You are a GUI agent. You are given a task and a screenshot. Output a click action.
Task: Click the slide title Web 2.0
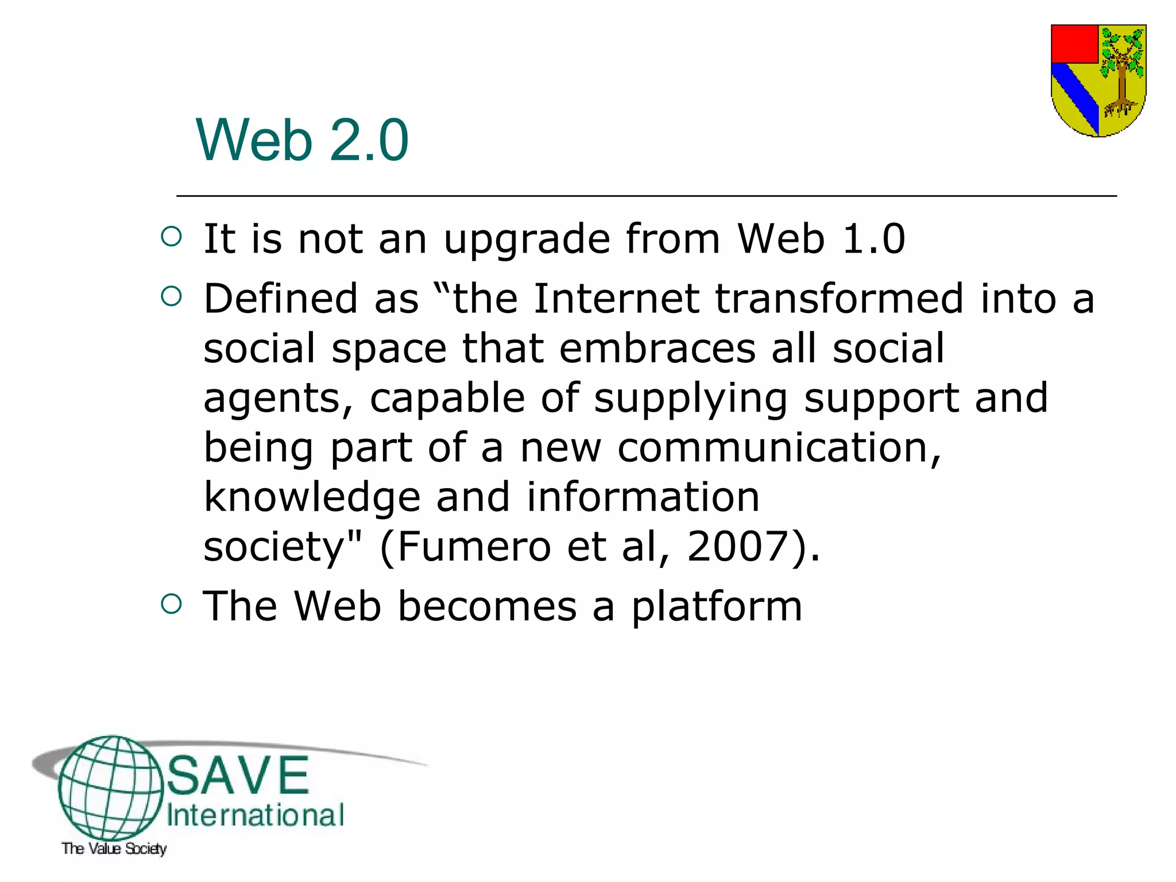[302, 140]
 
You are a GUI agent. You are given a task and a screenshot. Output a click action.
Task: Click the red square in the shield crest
[1074, 44]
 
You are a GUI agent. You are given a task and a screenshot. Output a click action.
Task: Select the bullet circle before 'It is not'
[172, 237]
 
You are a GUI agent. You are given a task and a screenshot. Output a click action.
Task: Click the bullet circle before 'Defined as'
[172, 297]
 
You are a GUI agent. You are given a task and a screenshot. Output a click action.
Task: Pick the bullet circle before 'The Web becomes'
[172, 604]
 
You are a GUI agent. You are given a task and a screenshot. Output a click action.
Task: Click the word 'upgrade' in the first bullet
[527, 239]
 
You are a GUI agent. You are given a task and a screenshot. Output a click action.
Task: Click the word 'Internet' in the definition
[616, 299]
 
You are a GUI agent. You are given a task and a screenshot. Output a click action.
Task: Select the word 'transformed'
[839, 299]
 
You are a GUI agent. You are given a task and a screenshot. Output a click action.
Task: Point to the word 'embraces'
[657, 349]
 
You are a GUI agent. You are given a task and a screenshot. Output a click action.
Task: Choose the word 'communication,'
[779, 448]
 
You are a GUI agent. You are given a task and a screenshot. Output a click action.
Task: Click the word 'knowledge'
[312, 498]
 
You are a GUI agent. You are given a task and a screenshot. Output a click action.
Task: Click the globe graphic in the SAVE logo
[110, 787]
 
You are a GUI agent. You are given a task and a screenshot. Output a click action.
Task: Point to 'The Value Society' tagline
[114, 848]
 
